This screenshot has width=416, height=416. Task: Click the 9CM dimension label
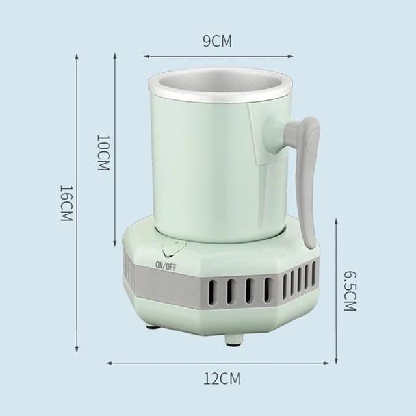217,42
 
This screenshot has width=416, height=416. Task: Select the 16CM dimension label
66,205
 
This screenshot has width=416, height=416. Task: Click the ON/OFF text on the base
165,264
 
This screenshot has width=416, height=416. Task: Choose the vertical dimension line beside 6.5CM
336,291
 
